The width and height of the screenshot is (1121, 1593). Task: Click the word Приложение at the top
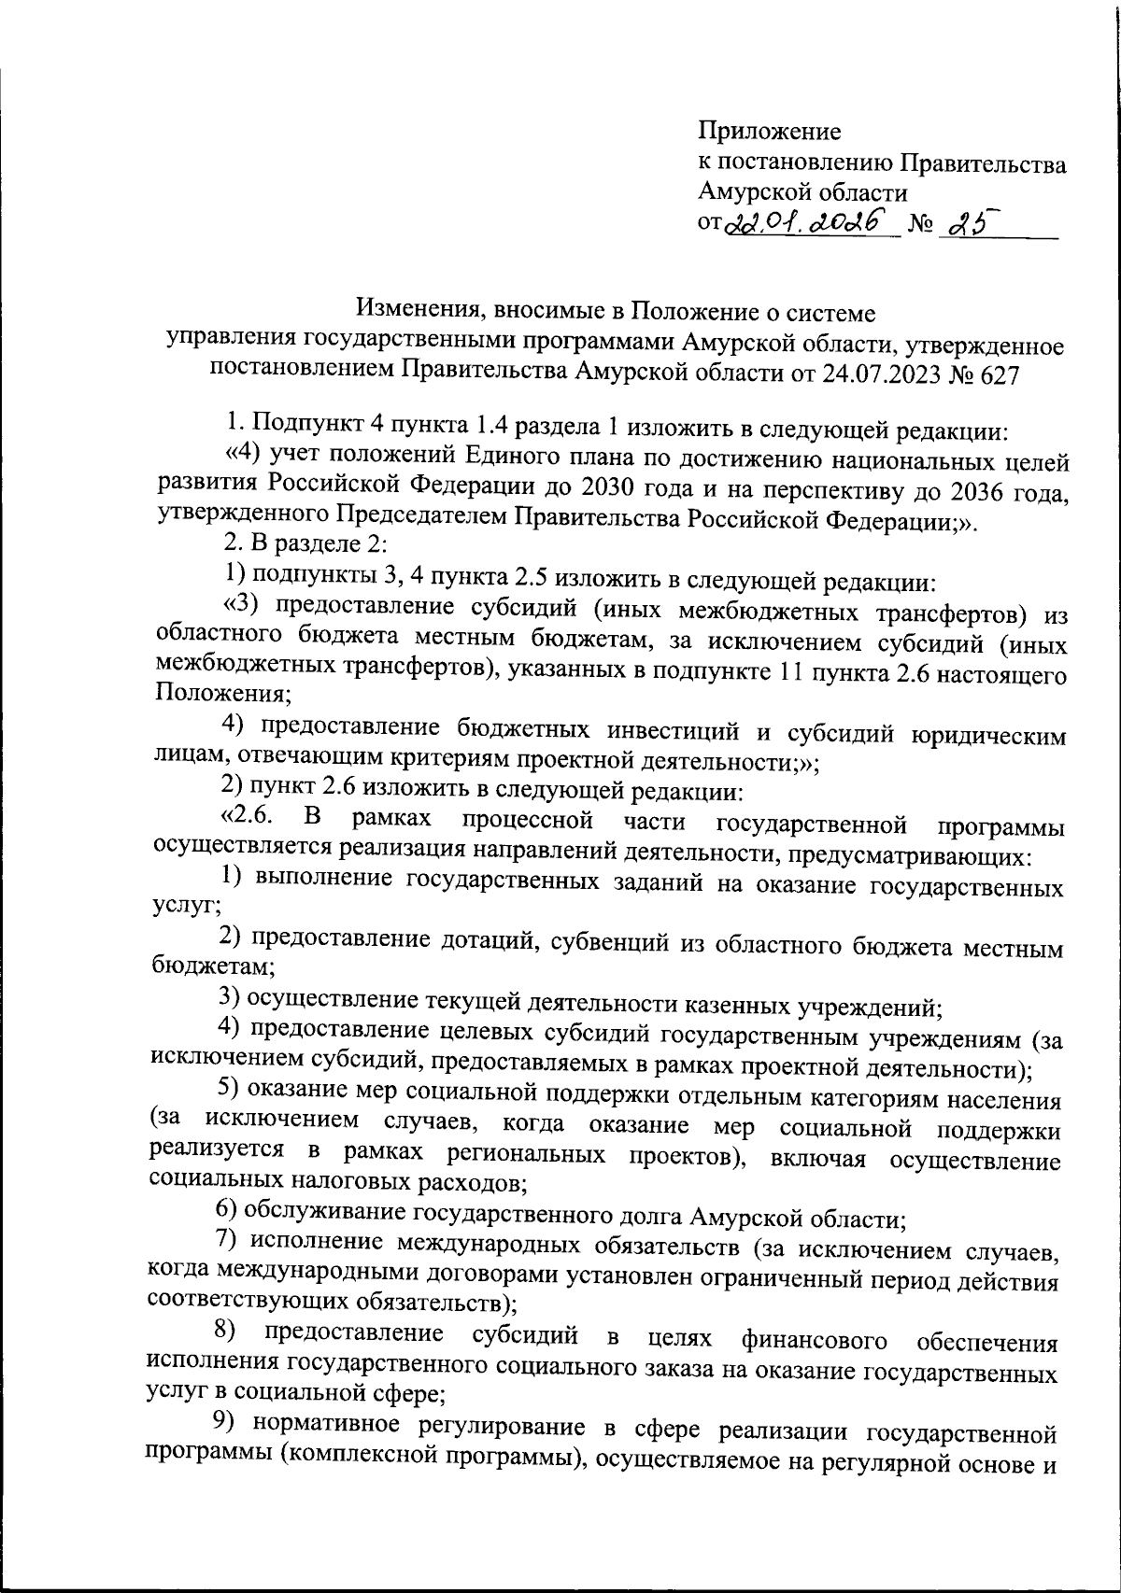point(770,132)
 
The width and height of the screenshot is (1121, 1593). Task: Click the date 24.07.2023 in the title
point(881,374)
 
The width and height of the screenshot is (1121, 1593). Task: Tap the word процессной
point(528,822)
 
